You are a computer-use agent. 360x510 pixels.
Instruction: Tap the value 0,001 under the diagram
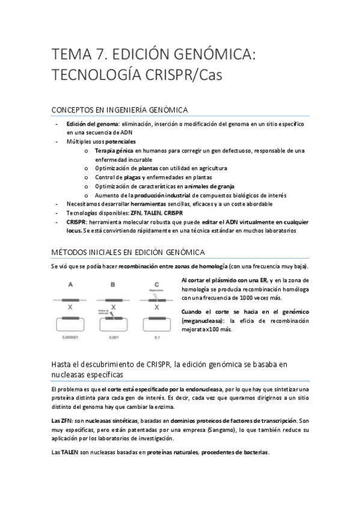114,338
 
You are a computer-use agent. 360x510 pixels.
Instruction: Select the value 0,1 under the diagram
157,338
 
